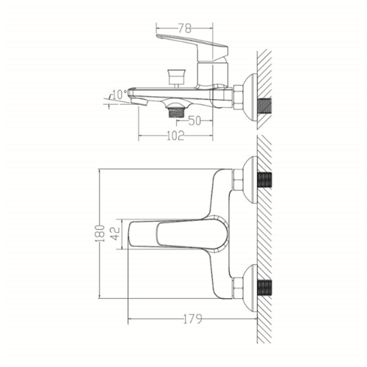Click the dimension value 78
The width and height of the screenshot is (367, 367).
(184, 29)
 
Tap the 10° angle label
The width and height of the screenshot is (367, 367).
(120, 95)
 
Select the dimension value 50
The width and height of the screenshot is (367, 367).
(195, 120)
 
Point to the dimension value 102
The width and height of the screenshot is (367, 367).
(175, 136)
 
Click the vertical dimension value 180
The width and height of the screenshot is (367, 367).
(100, 233)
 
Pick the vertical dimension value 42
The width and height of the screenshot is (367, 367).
(116, 233)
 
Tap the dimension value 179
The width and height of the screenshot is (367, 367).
(193, 319)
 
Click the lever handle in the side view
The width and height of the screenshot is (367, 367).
(192, 46)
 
